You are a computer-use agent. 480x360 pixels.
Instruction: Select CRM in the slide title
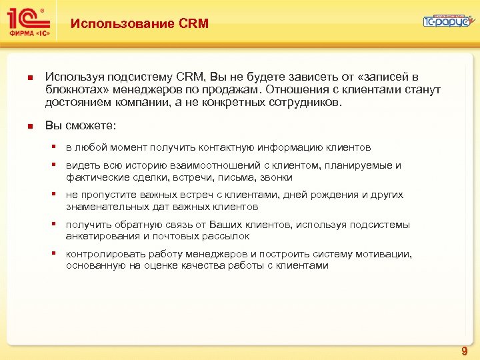pyautogui.click(x=194, y=24)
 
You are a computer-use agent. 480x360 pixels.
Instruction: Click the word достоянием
pyautogui.click(x=76, y=103)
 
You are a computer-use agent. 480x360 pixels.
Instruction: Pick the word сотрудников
pyautogui.click(x=304, y=103)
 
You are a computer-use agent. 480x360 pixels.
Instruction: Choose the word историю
pyautogui.click(x=141, y=165)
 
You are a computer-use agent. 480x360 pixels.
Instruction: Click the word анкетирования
pyautogui.click(x=100, y=236)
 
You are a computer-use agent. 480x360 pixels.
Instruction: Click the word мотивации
pyautogui.click(x=386, y=254)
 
